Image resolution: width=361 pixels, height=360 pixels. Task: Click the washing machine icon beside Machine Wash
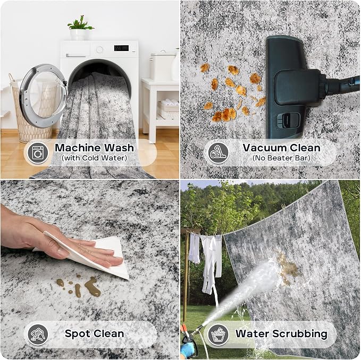[38, 152]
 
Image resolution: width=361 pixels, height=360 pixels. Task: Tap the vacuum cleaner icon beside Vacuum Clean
[219, 152]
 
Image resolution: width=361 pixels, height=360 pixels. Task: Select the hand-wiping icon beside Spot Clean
[38, 335]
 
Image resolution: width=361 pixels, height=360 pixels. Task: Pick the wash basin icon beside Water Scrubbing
[219, 335]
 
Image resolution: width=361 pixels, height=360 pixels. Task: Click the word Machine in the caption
[78, 148]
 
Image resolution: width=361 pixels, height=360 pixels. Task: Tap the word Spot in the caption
[78, 333]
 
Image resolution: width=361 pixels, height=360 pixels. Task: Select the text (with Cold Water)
[95, 158]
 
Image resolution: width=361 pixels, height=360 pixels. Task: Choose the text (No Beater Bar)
[281, 158]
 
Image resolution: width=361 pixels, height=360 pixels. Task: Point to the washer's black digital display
[121, 48]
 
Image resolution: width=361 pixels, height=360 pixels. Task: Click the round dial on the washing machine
[99, 49]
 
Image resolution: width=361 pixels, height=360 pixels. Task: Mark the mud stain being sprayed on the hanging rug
[288, 267]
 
